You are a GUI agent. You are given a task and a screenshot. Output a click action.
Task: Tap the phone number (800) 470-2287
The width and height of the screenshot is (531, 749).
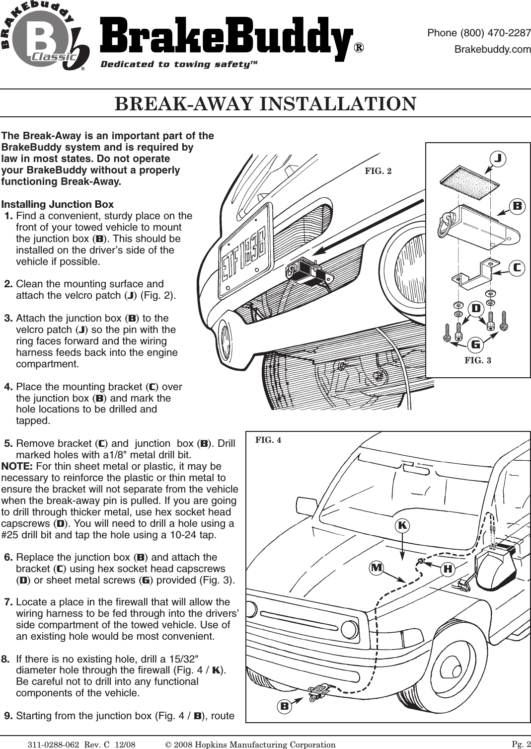[x=479, y=33]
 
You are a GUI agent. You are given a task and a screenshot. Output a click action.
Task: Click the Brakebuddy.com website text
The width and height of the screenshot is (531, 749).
[x=493, y=49]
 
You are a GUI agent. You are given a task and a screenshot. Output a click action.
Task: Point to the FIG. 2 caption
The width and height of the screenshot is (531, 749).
[x=378, y=171]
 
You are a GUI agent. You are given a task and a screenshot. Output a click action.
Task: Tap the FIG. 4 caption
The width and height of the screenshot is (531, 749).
[x=268, y=440]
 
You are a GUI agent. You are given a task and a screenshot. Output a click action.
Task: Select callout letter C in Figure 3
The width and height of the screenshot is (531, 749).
[x=517, y=267]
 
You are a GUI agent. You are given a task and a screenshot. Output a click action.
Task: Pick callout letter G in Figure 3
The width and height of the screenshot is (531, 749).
[x=475, y=344]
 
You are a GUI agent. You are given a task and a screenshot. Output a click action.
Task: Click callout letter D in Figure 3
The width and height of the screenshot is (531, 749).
[x=475, y=309]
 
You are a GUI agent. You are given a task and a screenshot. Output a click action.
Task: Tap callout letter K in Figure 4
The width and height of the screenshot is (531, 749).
[x=402, y=525]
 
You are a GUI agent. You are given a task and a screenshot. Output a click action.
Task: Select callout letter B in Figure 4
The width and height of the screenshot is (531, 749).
[x=285, y=705]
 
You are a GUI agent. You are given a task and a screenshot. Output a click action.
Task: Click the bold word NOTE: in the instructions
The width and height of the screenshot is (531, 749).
[x=17, y=467]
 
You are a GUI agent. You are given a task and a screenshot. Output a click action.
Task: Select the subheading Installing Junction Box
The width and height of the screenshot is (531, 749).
[x=58, y=205]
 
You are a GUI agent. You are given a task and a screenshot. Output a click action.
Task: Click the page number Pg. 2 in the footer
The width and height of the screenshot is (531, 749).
[x=521, y=743]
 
